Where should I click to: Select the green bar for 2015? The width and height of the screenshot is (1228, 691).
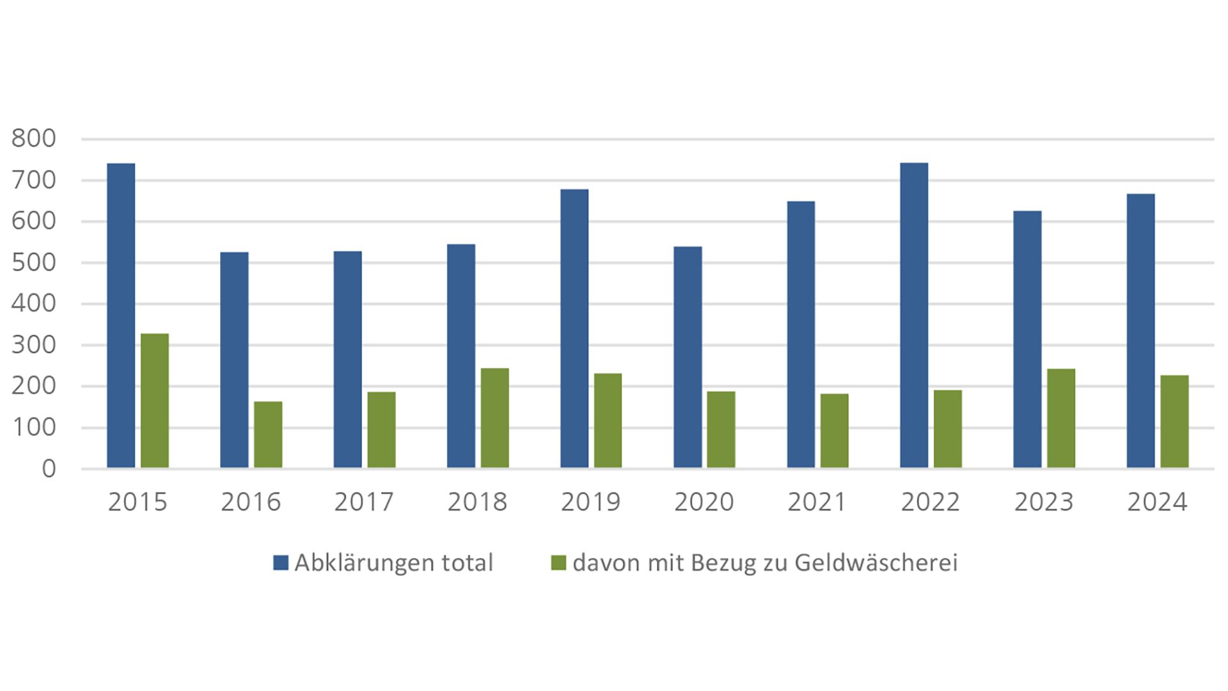tap(155, 401)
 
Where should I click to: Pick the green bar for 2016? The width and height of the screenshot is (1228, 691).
tap(268, 434)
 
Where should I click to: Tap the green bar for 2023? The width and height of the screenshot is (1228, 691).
tap(1061, 418)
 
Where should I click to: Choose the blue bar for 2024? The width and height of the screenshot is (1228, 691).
tap(1140, 331)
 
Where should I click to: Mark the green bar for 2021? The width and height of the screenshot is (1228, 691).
tap(835, 431)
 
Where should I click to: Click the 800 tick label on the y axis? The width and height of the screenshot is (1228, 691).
tap(33, 139)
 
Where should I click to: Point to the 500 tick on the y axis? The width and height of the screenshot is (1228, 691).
tap(33, 263)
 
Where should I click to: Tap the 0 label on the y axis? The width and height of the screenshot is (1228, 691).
tap(49, 470)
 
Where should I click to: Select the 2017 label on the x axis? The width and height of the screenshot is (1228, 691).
tap(364, 502)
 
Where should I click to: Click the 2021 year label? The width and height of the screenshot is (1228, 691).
tap(817, 502)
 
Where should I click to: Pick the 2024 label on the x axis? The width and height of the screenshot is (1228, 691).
tap(1157, 502)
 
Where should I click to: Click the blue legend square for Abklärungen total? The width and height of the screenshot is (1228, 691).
tap(281, 563)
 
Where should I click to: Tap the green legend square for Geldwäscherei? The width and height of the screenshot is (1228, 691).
tap(559, 563)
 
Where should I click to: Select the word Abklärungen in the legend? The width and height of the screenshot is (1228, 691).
tap(365, 563)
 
